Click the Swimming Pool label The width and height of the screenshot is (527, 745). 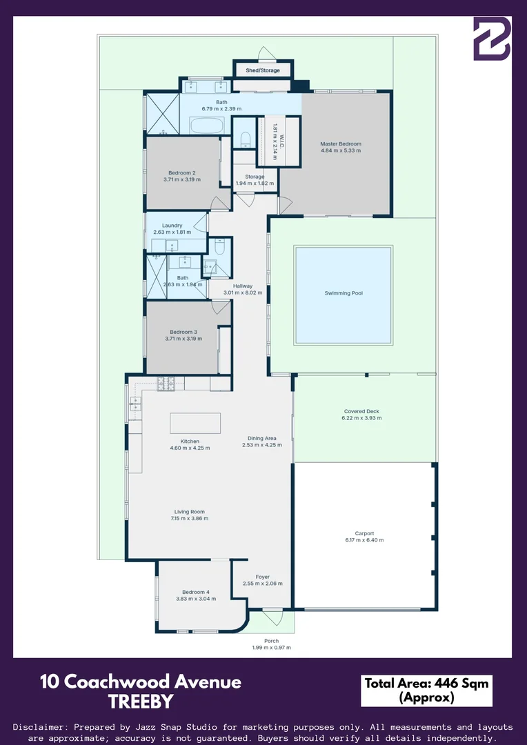[344, 293]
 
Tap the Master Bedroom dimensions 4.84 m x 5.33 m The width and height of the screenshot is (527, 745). [341, 150]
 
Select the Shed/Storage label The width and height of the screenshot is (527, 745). [263, 70]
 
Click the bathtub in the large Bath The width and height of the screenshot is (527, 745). [206, 126]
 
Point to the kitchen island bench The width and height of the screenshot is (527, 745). [195, 423]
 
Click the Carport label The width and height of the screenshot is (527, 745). [364, 533]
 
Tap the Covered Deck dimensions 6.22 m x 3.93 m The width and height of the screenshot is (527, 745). [362, 418]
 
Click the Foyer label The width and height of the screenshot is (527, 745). [262, 577]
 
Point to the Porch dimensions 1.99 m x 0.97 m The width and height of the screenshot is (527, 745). [271, 648]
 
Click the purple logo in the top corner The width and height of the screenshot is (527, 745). [491, 39]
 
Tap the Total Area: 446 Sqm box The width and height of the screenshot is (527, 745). [426, 690]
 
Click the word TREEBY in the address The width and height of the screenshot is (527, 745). [141, 702]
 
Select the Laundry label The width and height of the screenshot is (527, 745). [172, 226]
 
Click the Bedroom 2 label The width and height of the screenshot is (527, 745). [182, 172]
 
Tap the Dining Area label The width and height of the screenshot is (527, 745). [262, 438]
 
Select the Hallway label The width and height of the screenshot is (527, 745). [243, 286]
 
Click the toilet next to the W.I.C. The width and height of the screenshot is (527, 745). [245, 140]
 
